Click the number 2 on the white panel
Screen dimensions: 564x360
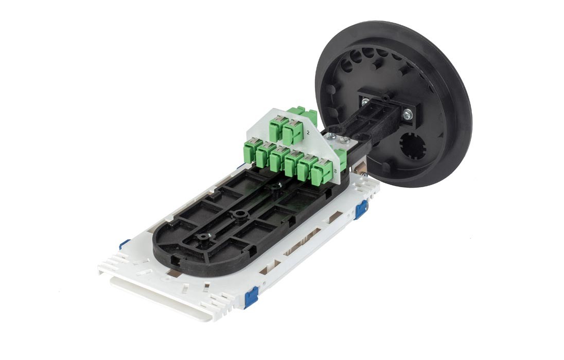pyautogui.click(x=308, y=133)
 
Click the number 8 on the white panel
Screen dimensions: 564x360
pyautogui.click(x=335, y=171)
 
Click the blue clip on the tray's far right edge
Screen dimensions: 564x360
pyautogui.click(x=361, y=210)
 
